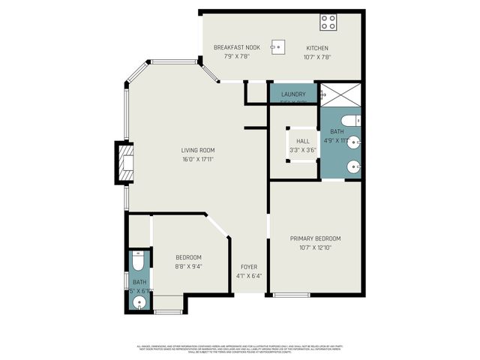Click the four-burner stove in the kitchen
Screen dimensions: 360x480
click(328, 22)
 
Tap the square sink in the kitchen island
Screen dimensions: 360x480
click(277, 46)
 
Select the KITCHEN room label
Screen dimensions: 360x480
click(316, 47)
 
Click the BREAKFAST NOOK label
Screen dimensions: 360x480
click(236, 47)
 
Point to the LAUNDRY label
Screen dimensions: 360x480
click(293, 94)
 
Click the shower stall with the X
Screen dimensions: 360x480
click(340, 95)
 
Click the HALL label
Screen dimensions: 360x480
click(302, 140)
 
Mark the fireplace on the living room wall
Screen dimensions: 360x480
click(123, 163)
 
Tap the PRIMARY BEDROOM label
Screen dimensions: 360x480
click(316, 238)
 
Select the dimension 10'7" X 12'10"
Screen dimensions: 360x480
click(316, 247)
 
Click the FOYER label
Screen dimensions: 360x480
click(249, 267)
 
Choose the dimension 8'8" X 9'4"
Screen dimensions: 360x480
click(188, 265)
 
